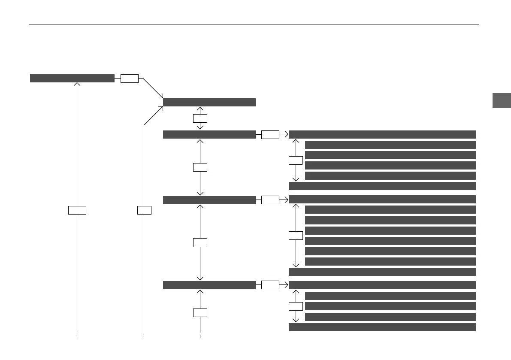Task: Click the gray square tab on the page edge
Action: (x=501, y=100)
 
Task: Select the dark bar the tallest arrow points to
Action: (x=72, y=78)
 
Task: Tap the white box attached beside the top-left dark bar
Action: (x=129, y=78)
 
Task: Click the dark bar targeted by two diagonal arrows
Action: (x=209, y=102)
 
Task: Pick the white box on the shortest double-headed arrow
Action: (x=200, y=118)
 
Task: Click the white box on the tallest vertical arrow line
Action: (x=77, y=210)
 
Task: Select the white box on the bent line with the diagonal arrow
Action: (x=144, y=210)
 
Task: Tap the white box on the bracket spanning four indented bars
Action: (x=295, y=160)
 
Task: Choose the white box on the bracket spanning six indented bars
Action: (x=295, y=236)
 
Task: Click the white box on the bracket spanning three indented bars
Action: (x=295, y=306)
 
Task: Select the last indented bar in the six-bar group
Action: (x=390, y=261)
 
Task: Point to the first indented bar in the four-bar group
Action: (x=390, y=145)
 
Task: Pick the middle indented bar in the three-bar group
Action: (x=390, y=306)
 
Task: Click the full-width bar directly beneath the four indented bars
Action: (x=382, y=186)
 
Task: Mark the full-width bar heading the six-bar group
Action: (x=382, y=199)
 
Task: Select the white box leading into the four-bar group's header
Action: (x=270, y=134)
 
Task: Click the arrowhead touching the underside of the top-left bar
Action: (x=77, y=85)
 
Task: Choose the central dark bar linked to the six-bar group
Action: (x=209, y=200)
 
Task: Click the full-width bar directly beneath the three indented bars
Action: (x=382, y=327)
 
